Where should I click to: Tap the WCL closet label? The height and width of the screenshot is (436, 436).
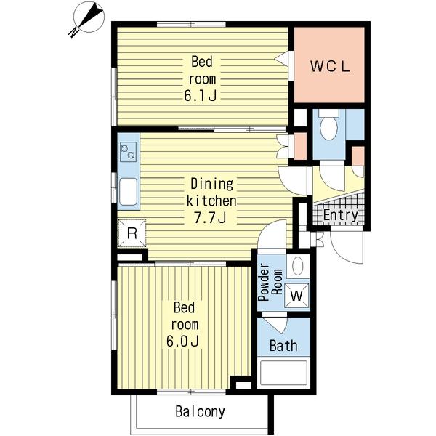coord(329,66)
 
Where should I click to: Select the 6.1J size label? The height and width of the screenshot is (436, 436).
coord(201,96)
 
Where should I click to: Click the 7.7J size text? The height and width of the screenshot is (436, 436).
coord(210,218)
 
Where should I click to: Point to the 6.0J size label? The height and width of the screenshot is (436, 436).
coord(182,342)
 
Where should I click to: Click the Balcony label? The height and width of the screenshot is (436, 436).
coord(201,411)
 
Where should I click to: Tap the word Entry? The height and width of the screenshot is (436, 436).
coord(341,215)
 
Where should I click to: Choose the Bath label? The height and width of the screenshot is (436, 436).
coord(283,346)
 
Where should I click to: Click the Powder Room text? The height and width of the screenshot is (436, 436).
coord(270,282)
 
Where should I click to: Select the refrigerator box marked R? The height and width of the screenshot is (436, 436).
coord(132,233)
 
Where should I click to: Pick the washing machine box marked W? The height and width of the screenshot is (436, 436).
coord(296,296)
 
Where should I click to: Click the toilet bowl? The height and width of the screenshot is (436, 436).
coord(328,125)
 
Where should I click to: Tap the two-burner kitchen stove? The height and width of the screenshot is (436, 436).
coord(128,152)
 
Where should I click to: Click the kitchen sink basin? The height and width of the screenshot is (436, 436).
coord(128,192)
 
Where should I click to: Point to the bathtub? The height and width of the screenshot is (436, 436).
coord(283,373)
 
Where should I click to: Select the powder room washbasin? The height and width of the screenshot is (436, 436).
coord(298,266)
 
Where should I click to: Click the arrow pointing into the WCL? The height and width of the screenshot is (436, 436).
coord(281,59)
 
